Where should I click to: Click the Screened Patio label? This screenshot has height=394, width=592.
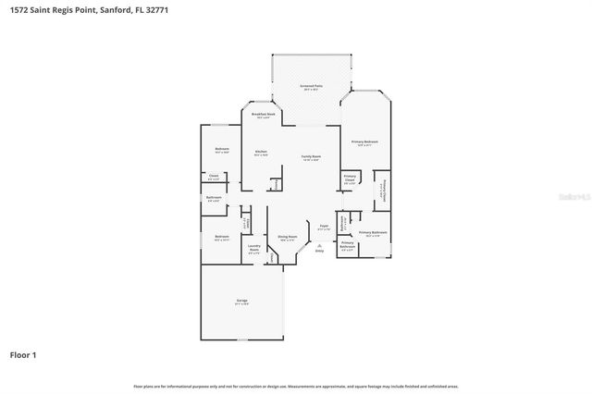pyautogui.click(x=309, y=87)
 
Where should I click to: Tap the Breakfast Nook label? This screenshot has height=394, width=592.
pyautogui.click(x=264, y=115)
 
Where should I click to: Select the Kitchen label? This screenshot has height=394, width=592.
pyautogui.click(x=261, y=151)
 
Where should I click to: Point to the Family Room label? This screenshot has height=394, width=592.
pyautogui.click(x=310, y=157)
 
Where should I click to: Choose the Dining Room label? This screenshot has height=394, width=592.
pyautogui.click(x=288, y=237)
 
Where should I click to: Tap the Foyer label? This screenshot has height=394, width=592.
pyautogui.click(x=324, y=227)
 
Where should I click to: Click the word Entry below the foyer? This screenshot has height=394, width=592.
pyautogui.click(x=320, y=250)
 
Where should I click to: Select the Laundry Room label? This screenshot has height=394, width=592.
pyautogui.click(x=253, y=248)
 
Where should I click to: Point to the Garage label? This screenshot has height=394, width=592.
pyautogui.click(x=241, y=301)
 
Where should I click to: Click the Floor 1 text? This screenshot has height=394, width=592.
pyautogui.click(x=23, y=355)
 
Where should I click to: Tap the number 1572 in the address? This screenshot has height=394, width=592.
pyautogui.click(x=15, y=8)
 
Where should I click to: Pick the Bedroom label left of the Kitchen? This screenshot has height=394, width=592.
pyautogui.click(x=222, y=150)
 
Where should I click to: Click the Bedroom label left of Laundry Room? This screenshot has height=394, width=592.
pyautogui.click(x=222, y=237)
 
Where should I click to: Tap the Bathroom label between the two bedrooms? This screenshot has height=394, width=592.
pyautogui.click(x=214, y=198)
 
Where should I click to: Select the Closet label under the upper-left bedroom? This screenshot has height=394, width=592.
pyautogui.click(x=213, y=176)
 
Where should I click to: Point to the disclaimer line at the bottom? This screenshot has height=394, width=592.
pyautogui.click(x=296, y=386)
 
